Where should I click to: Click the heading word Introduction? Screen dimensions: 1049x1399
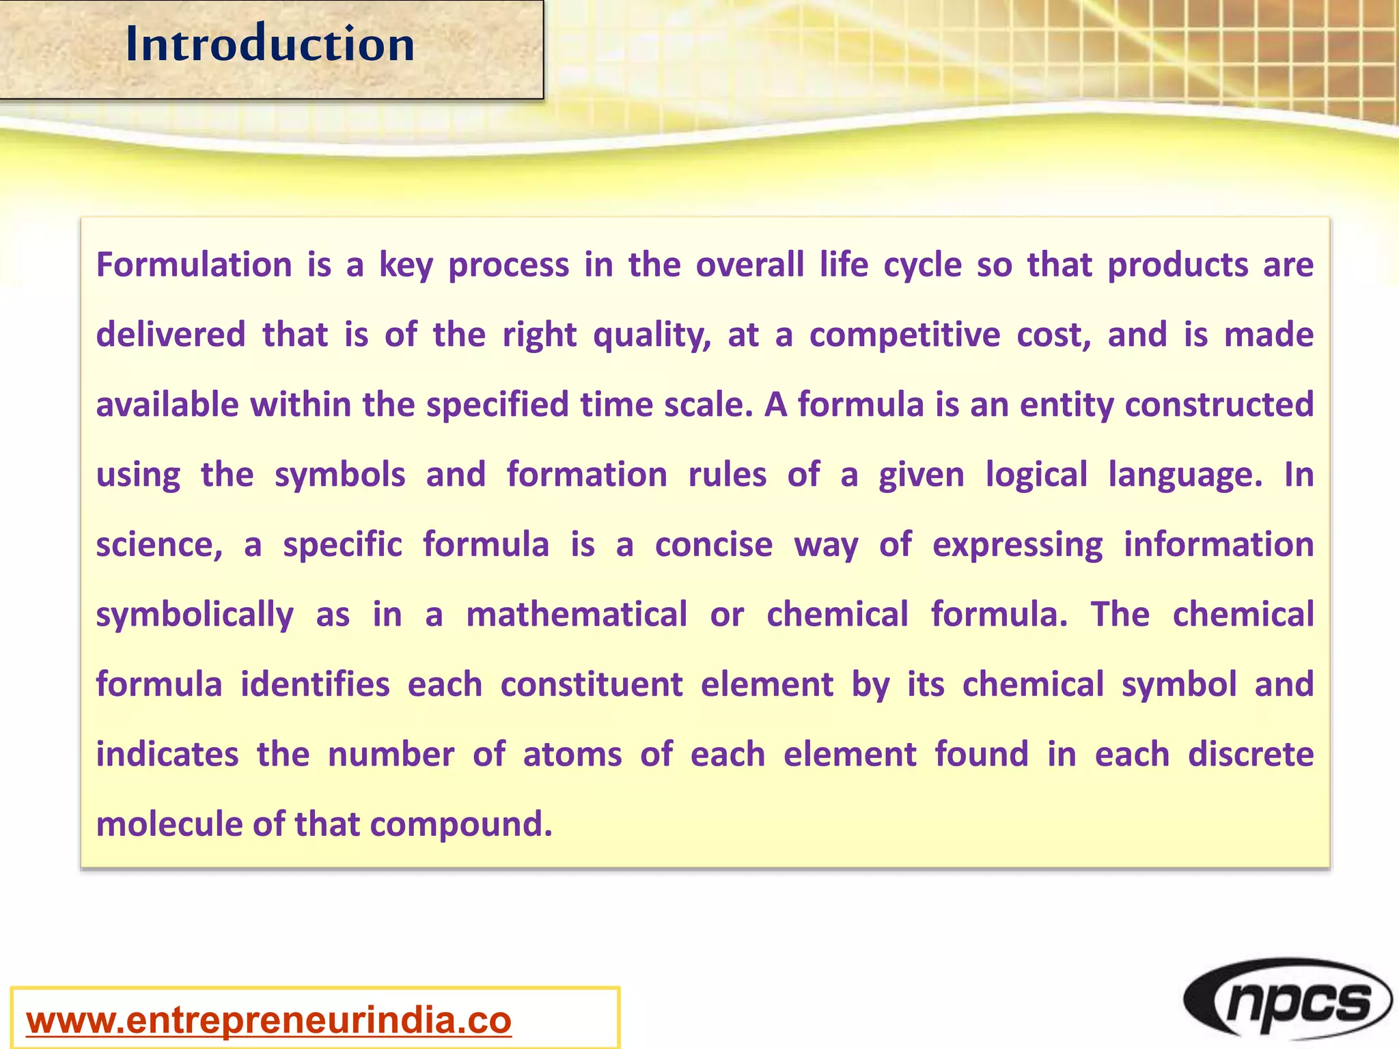[271, 44]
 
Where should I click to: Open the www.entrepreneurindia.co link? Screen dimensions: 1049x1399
[268, 1020]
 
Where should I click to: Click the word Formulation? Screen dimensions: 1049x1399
[194, 265]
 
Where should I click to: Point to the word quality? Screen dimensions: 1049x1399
[652, 335]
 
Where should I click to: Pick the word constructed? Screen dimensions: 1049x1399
[1219, 405]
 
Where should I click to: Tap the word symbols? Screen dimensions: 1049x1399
[340, 475]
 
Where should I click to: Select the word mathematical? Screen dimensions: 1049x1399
[577, 615]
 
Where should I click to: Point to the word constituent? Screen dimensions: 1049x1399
[592, 685]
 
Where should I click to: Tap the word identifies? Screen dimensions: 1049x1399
[315, 685]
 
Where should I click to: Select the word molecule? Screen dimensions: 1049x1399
[170, 824]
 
